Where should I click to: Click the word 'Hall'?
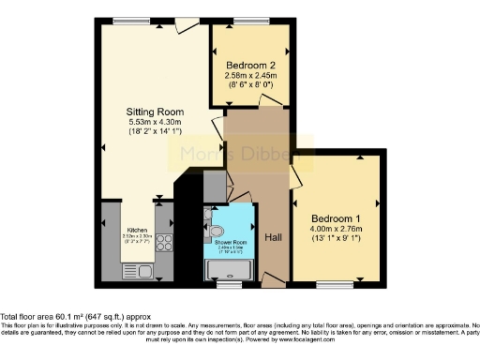[x=273, y=237]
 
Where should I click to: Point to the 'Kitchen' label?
[x=136, y=229]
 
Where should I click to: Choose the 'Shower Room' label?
[x=230, y=243]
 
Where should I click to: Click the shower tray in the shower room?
[x=230, y=270]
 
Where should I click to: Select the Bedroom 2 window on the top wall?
[x=247, y=21]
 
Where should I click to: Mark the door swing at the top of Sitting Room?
[x=186, y=23]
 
